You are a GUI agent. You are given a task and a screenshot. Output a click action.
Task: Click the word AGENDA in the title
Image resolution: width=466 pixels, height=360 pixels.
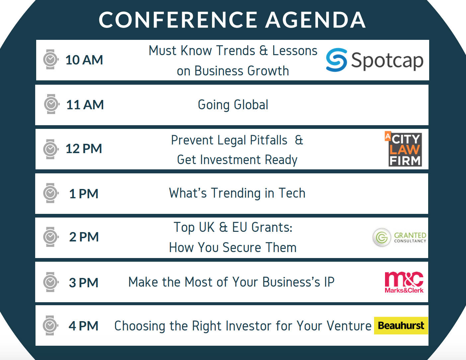[315, 20]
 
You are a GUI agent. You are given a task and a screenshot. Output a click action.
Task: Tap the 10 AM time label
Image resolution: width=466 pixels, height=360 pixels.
[84, 60]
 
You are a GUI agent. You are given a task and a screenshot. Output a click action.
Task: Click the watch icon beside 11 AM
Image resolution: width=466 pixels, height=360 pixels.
[51, 104]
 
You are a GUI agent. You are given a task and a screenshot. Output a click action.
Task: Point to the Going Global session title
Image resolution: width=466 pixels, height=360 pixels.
[233, 105]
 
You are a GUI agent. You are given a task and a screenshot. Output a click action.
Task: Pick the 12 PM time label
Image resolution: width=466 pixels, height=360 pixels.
[84, 148]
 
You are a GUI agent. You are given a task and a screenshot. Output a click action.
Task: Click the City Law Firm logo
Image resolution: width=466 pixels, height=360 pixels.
[403, 149]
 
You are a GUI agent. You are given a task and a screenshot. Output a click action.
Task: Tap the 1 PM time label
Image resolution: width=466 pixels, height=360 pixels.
[84, 194]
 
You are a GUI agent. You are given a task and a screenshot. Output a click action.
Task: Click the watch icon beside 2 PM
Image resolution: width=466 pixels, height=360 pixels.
[51, 237]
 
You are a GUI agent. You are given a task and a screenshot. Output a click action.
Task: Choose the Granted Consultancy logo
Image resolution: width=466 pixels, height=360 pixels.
[399, 237]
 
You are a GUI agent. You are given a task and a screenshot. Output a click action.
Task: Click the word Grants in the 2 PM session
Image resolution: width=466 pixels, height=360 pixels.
[272, 227]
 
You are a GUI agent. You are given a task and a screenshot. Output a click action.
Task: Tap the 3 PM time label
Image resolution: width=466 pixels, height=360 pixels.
[83, 282]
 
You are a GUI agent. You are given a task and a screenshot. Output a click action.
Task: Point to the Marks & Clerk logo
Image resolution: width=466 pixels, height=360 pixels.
[404, 282]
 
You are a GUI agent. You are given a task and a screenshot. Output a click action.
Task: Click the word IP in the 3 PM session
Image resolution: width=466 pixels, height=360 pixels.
[329, 282]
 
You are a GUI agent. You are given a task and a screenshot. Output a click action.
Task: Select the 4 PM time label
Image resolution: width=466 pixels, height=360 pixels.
[83, 326]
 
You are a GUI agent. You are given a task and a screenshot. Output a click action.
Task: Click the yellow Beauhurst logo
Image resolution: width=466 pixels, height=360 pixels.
[401, 325]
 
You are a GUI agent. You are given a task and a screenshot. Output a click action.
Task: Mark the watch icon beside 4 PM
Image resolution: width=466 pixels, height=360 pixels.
[50, 325]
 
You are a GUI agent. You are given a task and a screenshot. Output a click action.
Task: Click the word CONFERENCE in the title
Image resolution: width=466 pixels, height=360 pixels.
[178, 20]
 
